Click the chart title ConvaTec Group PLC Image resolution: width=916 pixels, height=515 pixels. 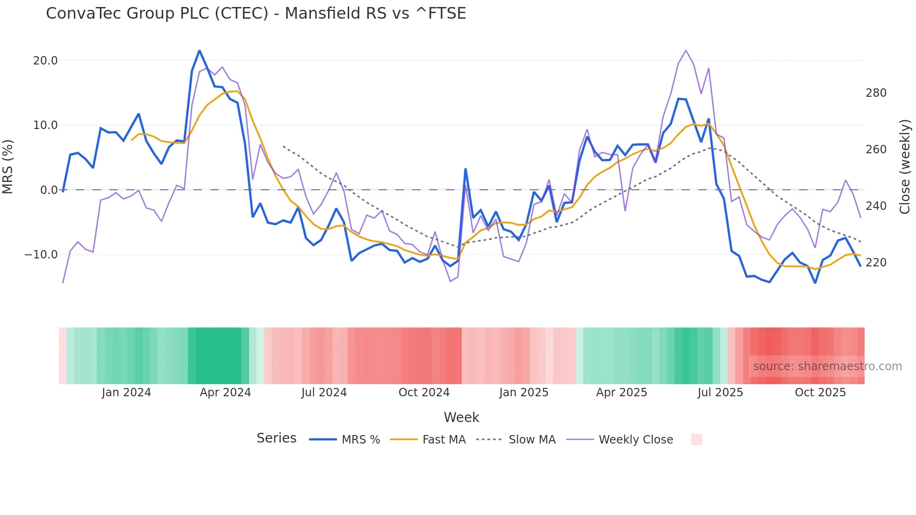point(256,14)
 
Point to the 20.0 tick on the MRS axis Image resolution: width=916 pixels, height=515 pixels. point(45,61)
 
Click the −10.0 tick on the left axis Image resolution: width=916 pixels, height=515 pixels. point(41,255)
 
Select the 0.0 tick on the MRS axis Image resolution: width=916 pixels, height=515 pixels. point(49,190)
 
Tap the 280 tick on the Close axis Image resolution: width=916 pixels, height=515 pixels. point(876,93)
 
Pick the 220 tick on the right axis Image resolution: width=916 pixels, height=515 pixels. point(876,263)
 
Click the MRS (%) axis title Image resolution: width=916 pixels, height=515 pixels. point(8,166)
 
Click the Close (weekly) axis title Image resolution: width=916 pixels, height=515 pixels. point(905,166)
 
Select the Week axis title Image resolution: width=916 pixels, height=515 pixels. point(461,417)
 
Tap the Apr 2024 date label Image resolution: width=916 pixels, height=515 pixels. point(225,393)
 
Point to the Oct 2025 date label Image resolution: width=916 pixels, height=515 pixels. point(820,393)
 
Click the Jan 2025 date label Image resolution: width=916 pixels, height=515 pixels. point(523,393)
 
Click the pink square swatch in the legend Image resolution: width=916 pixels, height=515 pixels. point(696,439)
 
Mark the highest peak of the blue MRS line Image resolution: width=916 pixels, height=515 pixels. point(200,51)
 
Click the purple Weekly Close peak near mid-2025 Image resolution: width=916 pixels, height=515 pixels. point(686,50)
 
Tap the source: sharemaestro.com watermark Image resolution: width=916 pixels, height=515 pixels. point(827,366)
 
